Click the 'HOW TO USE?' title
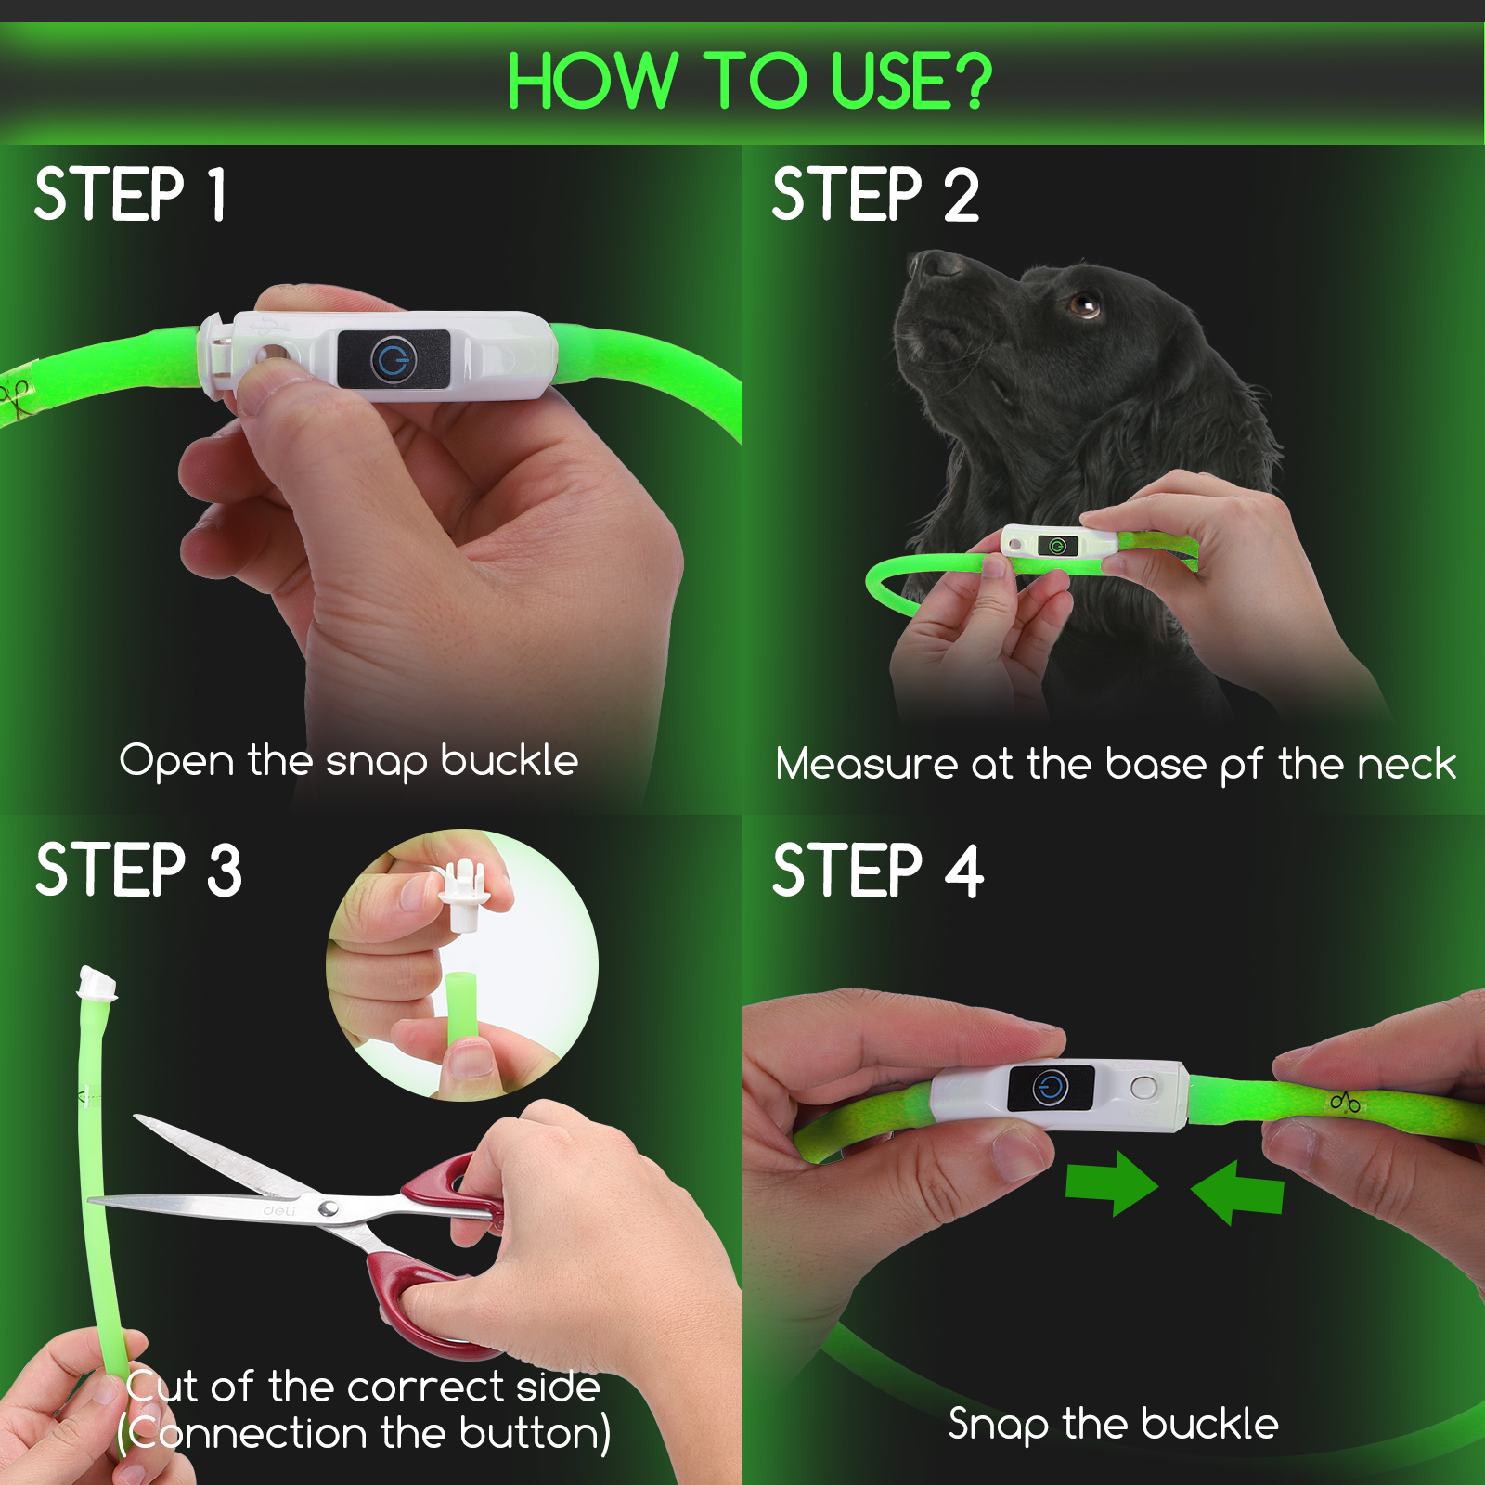[x=749, y=82]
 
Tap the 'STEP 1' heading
[x=130, y=194]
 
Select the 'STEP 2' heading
[x=875, y=194]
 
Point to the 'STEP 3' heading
[x=138, y=870]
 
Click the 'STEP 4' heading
[x=878, y=870]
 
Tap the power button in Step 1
[x=394, y=359]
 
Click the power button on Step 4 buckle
[x=1051, y=1087]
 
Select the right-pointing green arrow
[x=1113, y=1183]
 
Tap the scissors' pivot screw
[x=328, y=1207]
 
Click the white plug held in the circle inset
[x=463, y=895]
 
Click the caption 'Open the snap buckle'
[x=349, y=761]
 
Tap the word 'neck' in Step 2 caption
[x=1406, y=765]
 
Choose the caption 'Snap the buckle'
[x=1113, y=1424]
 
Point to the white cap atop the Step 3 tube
[x=97, y=983]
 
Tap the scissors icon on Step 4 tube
[x=1345, y=1102]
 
